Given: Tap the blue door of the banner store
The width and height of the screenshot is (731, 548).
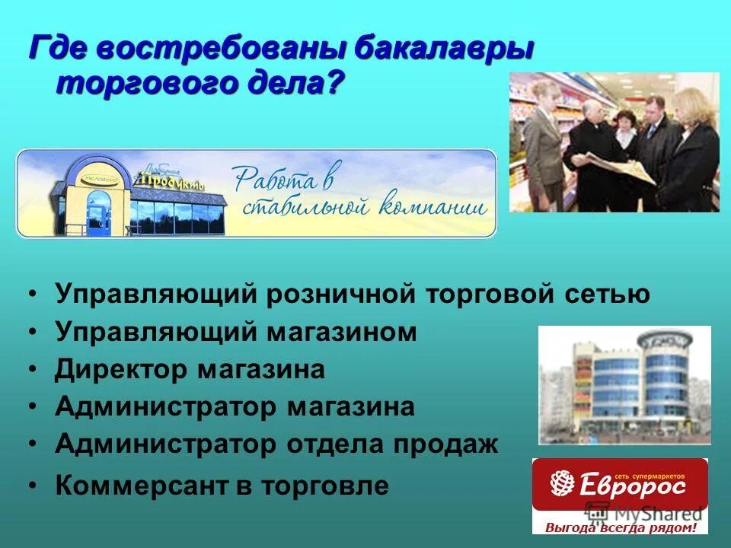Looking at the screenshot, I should [x=98, y=211].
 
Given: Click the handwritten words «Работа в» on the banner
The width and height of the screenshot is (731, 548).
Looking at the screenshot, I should [x=283, y=178].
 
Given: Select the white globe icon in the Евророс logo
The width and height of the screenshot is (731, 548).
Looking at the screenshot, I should [x=561, y=483].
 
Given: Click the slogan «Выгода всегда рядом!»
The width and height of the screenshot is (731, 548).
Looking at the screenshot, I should [x=620, y=527].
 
